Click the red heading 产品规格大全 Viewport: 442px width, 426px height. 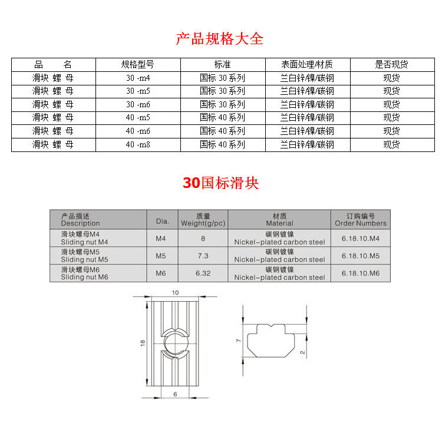coord(220,39)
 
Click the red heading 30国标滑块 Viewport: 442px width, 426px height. coord(220,183)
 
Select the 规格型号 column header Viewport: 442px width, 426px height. coord(138,65)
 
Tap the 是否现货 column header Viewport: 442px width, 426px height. coord(391,65)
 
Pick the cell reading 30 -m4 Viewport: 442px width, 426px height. coord(138,78)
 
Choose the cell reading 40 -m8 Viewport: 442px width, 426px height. coord(138,144)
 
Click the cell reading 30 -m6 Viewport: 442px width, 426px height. coord(138,104)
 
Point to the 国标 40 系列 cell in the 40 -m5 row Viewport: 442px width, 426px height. coord(222,118)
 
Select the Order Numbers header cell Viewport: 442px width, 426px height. coord(361,220)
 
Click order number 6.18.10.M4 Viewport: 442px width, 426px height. coord(361,238)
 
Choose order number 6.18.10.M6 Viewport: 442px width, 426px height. coord(361,273)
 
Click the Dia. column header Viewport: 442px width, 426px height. coord(162,221)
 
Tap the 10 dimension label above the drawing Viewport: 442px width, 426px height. coord(175,293)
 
